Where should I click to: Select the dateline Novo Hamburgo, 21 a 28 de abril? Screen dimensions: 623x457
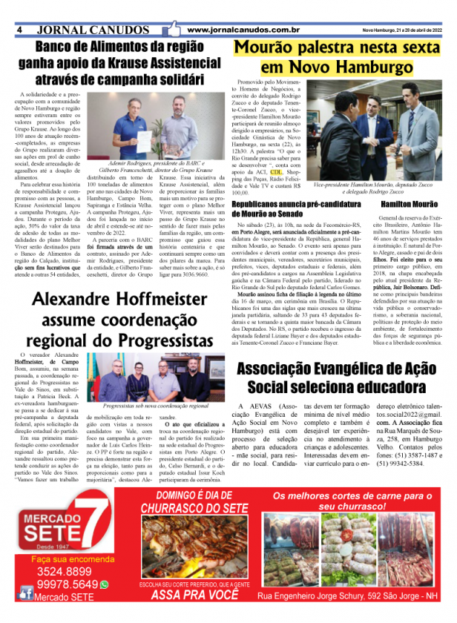(x=401, y=30)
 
